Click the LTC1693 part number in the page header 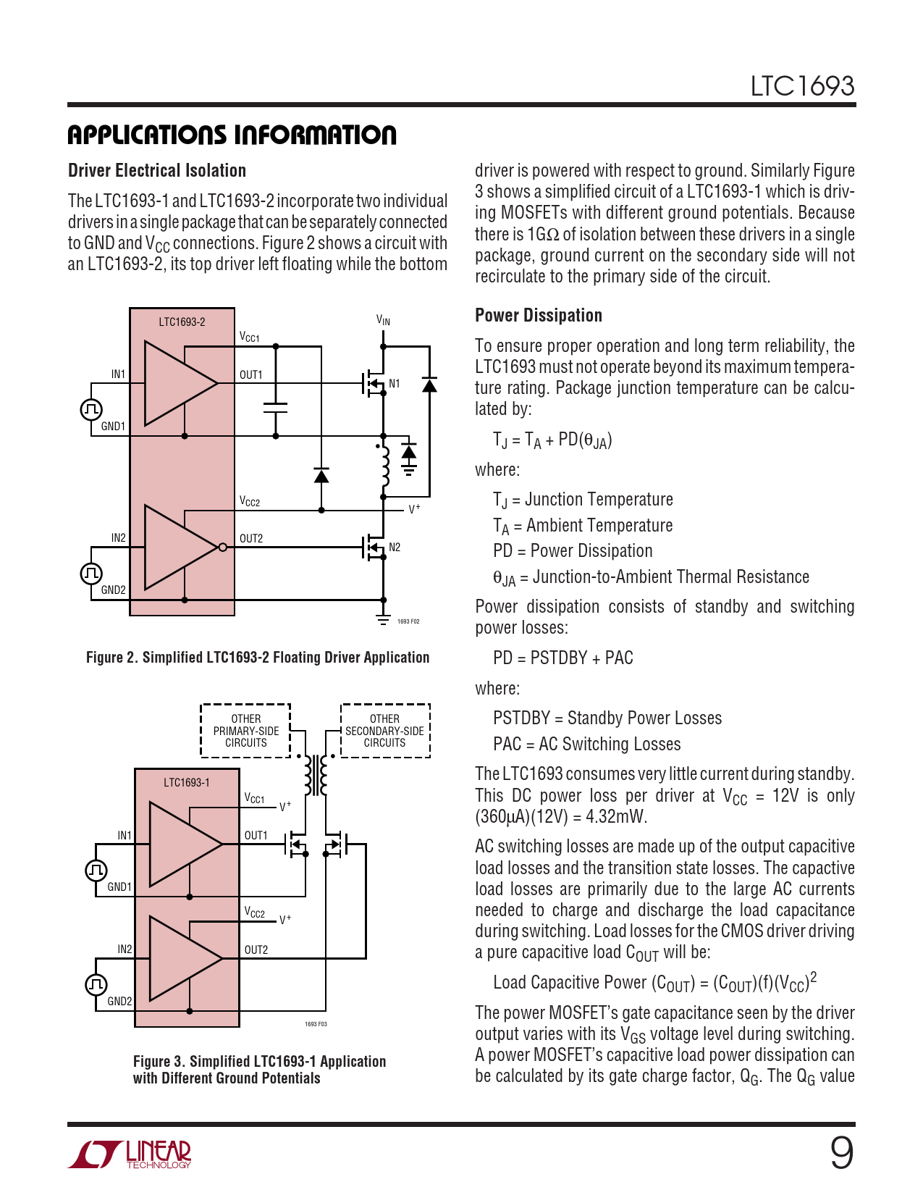(x=802, y=86)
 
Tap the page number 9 (x=841, y=1152)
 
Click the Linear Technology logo (x=130, y=1154)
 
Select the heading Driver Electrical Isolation (x=157, y=171)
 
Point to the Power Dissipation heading (x=539, y=316)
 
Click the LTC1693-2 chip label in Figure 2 (x=182, y=322)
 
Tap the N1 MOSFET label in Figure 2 (x=395, y=384)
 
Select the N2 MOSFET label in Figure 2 (x=395, y=548)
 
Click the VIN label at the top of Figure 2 (x=383, y=320)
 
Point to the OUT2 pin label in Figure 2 (x=251, y=539)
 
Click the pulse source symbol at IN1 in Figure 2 (x=91, y=410)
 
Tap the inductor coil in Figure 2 (x=384, y=467)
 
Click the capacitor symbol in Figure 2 (x=275, y=408)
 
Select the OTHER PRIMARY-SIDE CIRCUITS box (x=245, y=731)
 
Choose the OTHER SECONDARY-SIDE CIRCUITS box (x=385, y=731)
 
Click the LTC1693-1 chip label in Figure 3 (x=187, y=783)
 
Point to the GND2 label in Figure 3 (x=119, y=1002)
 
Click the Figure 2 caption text (x=258, y=658)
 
